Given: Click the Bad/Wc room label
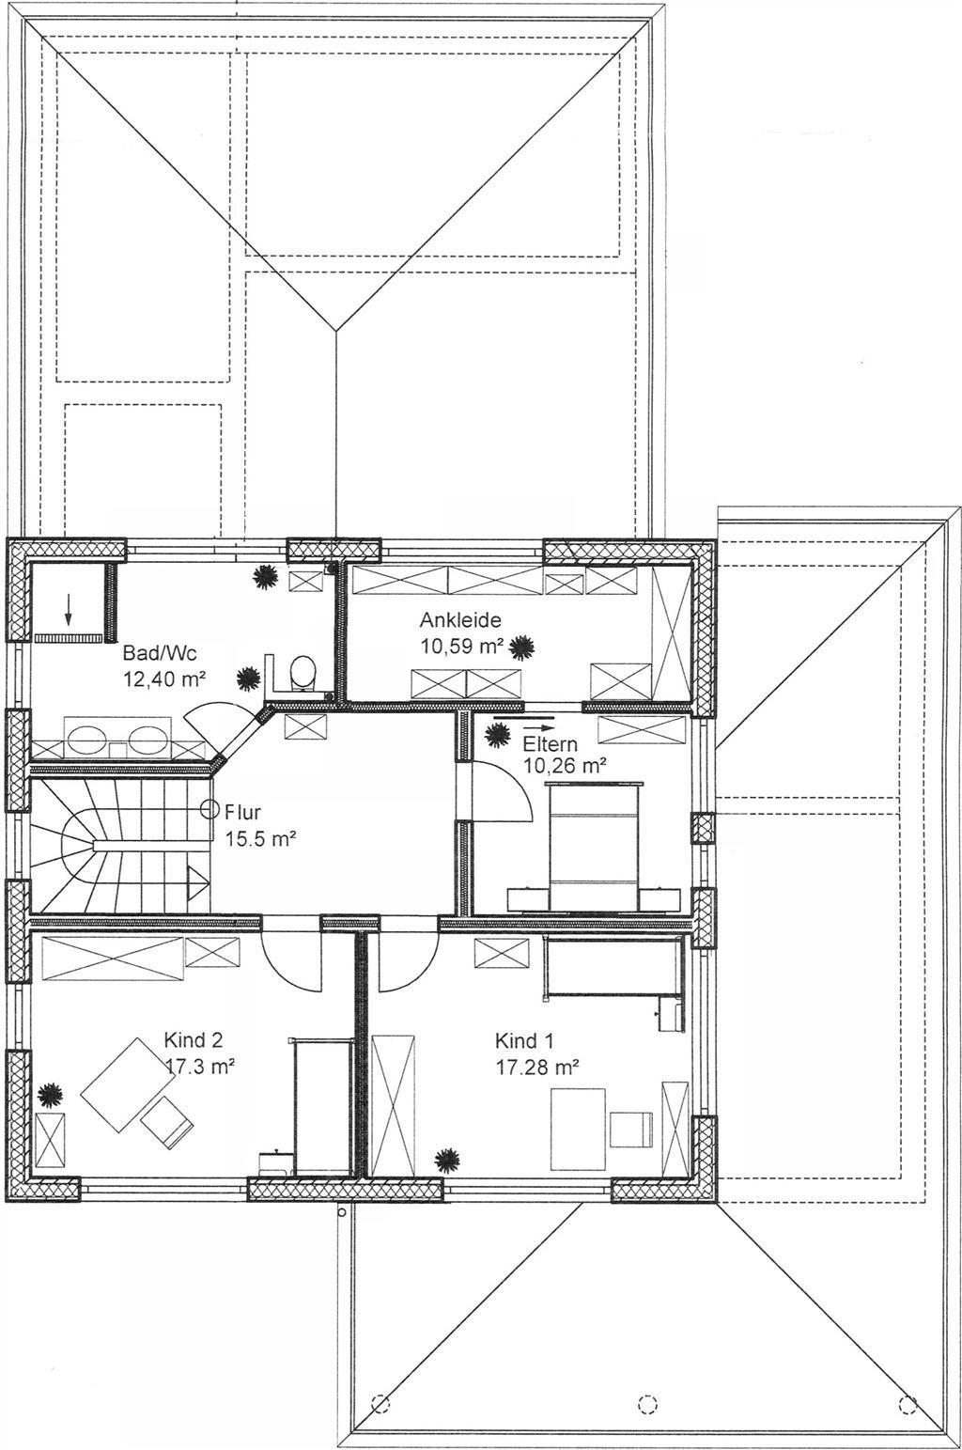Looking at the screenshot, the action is click(159, 652).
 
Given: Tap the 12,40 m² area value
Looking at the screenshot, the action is click(164, 679).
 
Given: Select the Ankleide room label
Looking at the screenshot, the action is click(460, 620).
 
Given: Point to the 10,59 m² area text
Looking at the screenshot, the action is click(462, 646).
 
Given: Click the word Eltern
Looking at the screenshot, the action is click(550, 743).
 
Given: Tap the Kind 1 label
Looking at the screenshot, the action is click(524, 1041).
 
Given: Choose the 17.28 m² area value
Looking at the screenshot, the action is click(537, 1067).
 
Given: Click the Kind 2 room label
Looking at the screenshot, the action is click(193, 1040).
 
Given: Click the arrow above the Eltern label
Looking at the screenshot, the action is click(523, 718).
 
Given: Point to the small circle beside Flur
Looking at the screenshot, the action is click(209, 809).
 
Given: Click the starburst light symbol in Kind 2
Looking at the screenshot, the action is click(50, 1095).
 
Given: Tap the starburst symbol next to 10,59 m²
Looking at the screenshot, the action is click(520, 647).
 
